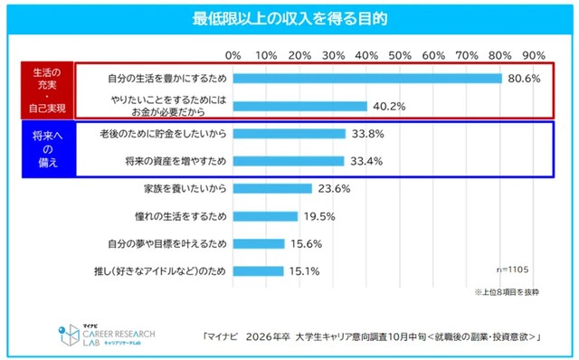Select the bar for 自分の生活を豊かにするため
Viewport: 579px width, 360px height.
point(367,78)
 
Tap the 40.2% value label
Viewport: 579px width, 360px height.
point(388,106)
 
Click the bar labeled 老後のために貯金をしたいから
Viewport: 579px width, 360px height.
point(289,134)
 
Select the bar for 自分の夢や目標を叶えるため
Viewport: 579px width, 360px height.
point(259,244)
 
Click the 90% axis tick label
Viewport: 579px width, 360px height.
point(534,56)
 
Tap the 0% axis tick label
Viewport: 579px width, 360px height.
point(233,56)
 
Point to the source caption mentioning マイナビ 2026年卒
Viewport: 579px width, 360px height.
point(371,336)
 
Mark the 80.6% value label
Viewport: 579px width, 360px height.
point(523,79)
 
